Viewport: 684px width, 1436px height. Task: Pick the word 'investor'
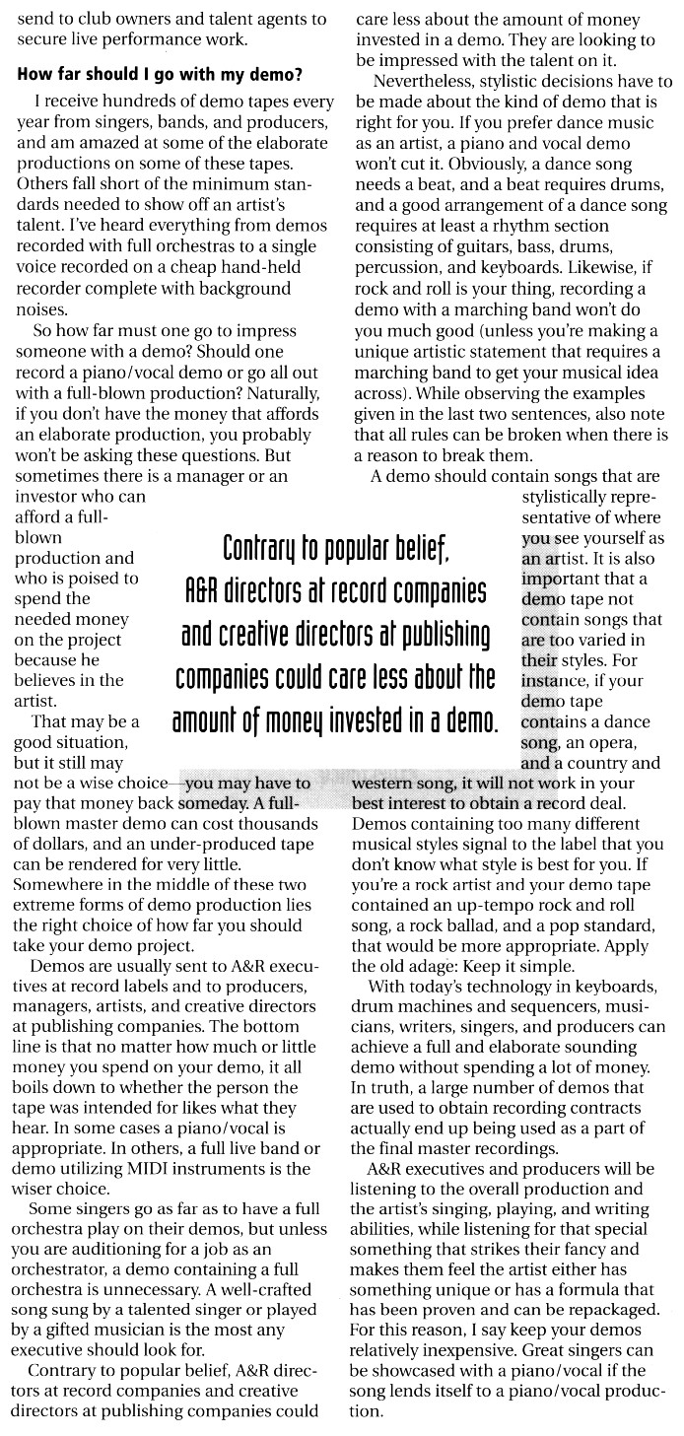(51, 497)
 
